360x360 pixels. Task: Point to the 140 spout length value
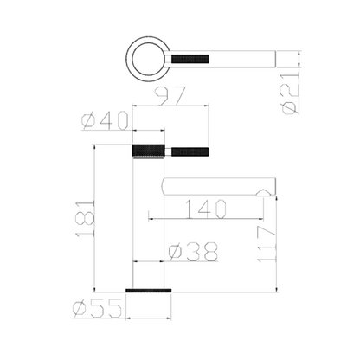pos(207,209)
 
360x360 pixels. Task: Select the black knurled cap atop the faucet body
pos(147,150)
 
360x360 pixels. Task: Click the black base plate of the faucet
pos(147,291)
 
